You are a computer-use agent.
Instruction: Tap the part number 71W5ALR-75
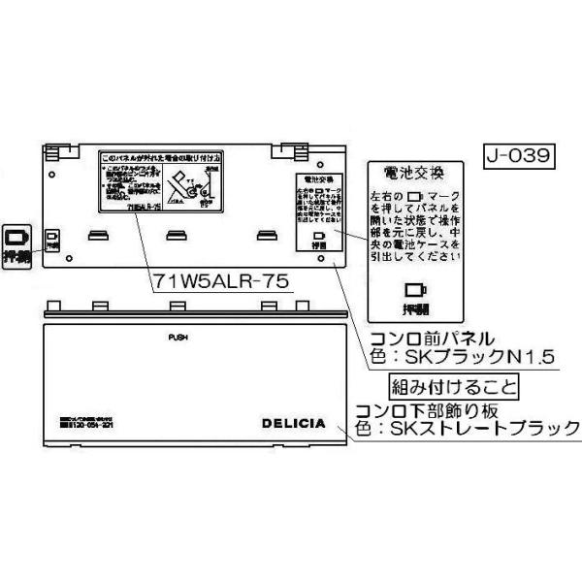pyautogui.click(x=220, y=280)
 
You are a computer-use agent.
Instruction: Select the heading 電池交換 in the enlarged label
pyautogui.click(x=414, y=175)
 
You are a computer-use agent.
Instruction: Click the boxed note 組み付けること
pyautogui.click(x=453, y=383)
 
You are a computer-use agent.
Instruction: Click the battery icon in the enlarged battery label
pyautogui.click(x=415, y=288)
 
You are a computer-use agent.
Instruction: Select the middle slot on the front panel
pyautogui.click(x=177, y=234)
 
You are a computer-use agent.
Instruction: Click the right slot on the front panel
pyautogui.click(x=266, y=234)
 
